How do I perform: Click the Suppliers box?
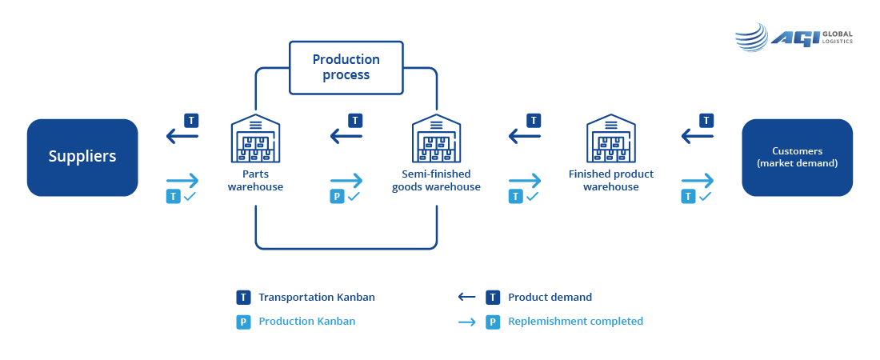[82, 158]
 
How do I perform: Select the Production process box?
[346, 67]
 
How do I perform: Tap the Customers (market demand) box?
[797, 158]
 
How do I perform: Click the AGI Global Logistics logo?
[794, 38]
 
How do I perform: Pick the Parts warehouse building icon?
[255, 138]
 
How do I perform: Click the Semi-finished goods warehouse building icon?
[436, 138]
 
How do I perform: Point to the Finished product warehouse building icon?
[610, 138]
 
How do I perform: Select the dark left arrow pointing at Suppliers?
[182, 136]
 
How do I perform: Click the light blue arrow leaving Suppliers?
[182, 181]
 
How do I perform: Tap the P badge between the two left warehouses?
[338, 197]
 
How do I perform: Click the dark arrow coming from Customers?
[697, 136]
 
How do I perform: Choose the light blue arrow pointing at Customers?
[698, 181]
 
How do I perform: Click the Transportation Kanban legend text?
[317, 297]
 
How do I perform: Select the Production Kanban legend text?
[307, 322]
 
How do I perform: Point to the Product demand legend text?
[550, 297]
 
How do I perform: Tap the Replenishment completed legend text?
[576, 322]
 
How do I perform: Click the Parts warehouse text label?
[255, 180]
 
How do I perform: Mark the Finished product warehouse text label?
[611, 180]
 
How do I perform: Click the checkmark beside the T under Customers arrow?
[706, 197]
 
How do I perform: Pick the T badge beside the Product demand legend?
[493, 297]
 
